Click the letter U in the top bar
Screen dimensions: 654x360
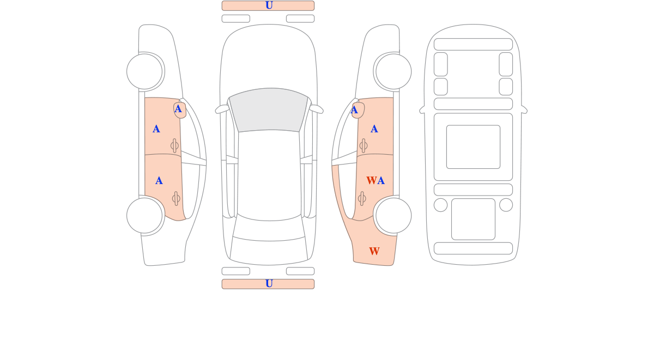[269, 5]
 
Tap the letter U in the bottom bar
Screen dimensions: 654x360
[269, 284]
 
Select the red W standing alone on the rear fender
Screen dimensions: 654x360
[374, 251]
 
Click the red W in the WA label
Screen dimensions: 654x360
[372, 181]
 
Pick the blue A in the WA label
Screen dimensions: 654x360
[381, 181]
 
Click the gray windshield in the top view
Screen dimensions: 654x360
[269, 109]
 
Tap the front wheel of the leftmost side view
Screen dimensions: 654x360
[144, 71]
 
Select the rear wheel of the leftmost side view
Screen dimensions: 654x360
[144, 216]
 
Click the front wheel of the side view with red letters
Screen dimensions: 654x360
[393, 71]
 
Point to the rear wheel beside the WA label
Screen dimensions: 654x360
[393, 216]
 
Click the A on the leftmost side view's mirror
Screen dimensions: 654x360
[178, 109]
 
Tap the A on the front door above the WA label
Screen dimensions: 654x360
[374, 129]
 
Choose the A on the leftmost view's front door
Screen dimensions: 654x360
[156, 129]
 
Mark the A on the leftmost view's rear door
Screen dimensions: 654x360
[159, 181]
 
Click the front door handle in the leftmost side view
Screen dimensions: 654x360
[174, 145]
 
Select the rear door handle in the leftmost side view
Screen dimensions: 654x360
[176, 199]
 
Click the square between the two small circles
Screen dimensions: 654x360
[473, 219]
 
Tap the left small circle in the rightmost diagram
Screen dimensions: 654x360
[440, 205]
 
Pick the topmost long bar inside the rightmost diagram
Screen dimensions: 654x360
[473, 44]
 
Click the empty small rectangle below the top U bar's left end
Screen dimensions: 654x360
[236, 19]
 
